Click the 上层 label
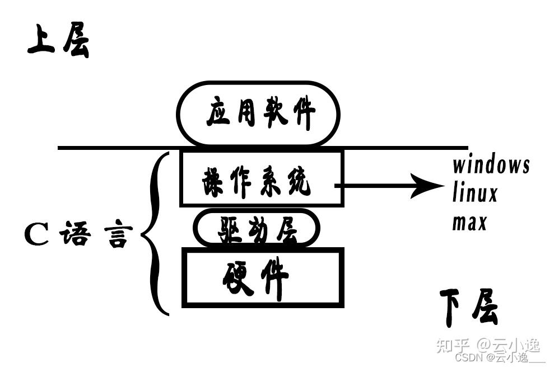click(59, 40)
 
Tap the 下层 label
click(469, 308)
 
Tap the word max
click(469, 223)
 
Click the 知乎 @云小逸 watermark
click(488, 345)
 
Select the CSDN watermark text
click(500, 358)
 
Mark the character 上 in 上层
click(41, 39)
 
